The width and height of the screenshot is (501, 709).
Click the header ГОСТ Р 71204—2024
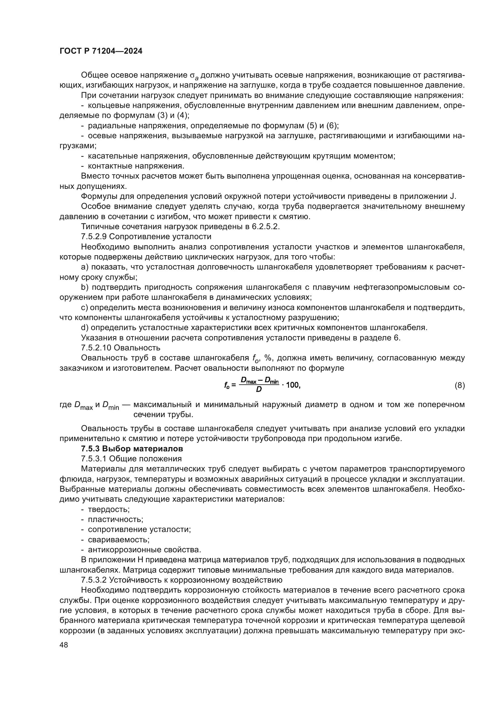pyautogui.click(x=101, y=51)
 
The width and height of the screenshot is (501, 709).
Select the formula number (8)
pyautogui.click(x=460, y=385)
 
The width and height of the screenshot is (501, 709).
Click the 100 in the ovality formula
pyautogui.click(x=293, y=385)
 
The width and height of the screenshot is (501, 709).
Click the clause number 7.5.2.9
pyautogui.click(x=94, y=237)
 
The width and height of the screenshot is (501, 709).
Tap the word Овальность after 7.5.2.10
pyautogui.click(x=137, y=348)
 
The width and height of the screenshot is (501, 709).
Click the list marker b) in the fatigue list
pyautogui.click(x=85, y=287)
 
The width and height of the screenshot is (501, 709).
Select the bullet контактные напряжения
pyautogui.click(x=136, y=166)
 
